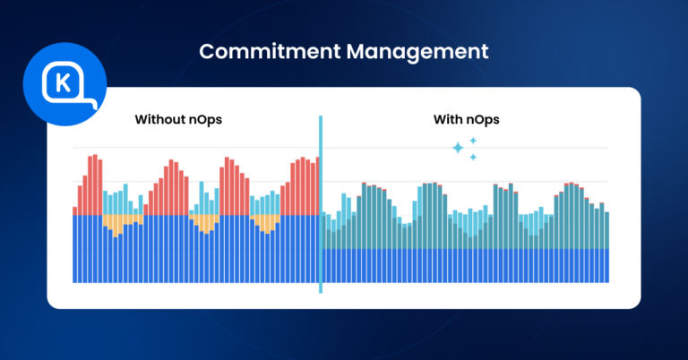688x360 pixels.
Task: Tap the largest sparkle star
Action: coord(459,149)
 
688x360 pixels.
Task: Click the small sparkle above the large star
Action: coord(473,141)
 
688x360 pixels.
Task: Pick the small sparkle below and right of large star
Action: coord(473,158)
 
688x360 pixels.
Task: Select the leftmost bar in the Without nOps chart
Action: coord(74,246)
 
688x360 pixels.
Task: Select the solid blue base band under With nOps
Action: coord(466,265)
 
